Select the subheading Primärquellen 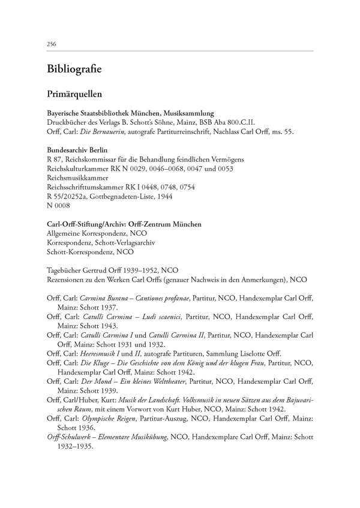(73, 94)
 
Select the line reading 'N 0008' (58, 205)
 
